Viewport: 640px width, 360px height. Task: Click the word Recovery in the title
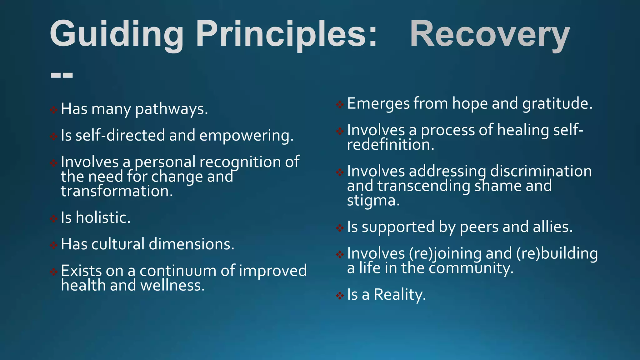click(490, 34)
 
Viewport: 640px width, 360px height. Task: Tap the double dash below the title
click(62, 75)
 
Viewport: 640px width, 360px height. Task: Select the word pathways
click(171, 109)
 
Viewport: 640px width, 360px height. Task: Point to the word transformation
click(117, 191)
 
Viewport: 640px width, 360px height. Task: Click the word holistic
click(103, 217)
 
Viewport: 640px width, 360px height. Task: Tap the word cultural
click(118, 244)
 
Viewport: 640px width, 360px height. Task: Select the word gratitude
click(557, 104)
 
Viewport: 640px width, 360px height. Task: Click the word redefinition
click(390, 145)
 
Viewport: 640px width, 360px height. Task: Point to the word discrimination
click(541, 171)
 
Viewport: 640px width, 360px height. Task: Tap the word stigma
click(373, 201)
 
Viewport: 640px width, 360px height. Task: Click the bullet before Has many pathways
click(54, 110)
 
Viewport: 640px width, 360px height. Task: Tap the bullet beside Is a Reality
click(340, 295)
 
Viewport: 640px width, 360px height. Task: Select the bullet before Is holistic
click(54, 218)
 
